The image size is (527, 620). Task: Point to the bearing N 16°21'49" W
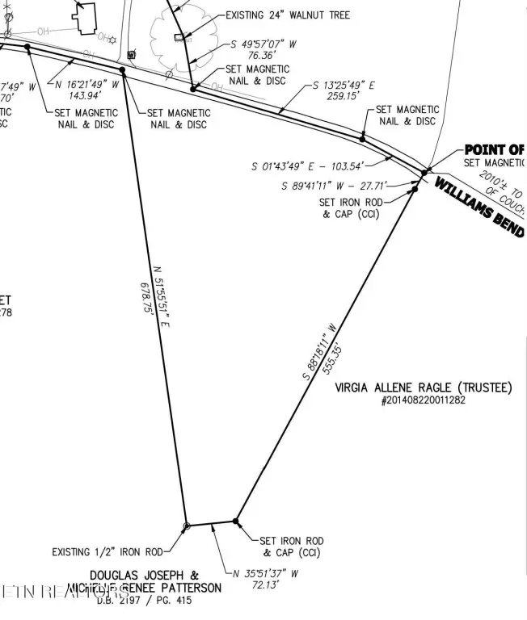point(88,83)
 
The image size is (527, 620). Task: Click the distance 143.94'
point(81,94)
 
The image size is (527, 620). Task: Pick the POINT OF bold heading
point(494,149)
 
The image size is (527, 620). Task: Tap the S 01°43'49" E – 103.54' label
point(320,166)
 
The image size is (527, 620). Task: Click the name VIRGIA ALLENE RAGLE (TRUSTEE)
point(423,388)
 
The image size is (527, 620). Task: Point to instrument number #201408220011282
point(423,400)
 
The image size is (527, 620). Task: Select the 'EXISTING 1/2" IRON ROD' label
point(107,552)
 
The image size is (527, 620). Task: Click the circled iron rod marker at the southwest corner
point(187,526)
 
